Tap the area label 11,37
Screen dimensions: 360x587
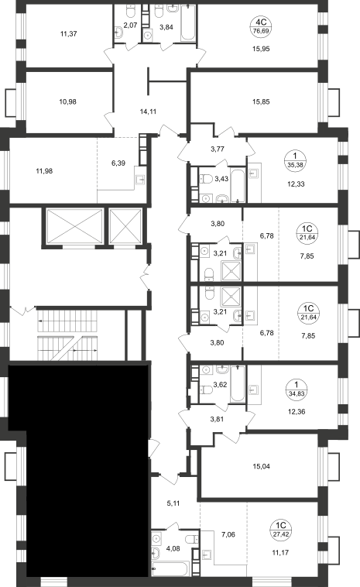click(x=68, y=34)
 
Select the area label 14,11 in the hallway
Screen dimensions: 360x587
click(x=148, y=112)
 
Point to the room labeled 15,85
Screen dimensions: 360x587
click(x=261, y=101)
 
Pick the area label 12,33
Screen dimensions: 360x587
click(x=296, y=184)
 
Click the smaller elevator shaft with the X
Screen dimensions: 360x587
click(x=125, y=226)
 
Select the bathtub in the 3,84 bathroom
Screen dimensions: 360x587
click(x=188, y=22)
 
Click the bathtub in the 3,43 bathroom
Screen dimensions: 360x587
click(x=238, y=184)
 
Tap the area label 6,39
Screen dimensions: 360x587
click(x=118, y=163)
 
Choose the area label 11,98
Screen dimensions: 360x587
click(x=44, y=171)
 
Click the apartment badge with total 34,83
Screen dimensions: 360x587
click(x=296, y=390)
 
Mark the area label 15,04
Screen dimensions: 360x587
click(x=261, y=466)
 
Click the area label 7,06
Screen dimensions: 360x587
click(x=228, y=534)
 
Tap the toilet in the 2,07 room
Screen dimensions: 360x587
click(x=131, y=12)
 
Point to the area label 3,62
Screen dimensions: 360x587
click(x=220, y=384)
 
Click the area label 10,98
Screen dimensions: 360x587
click(x=67, y=101)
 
